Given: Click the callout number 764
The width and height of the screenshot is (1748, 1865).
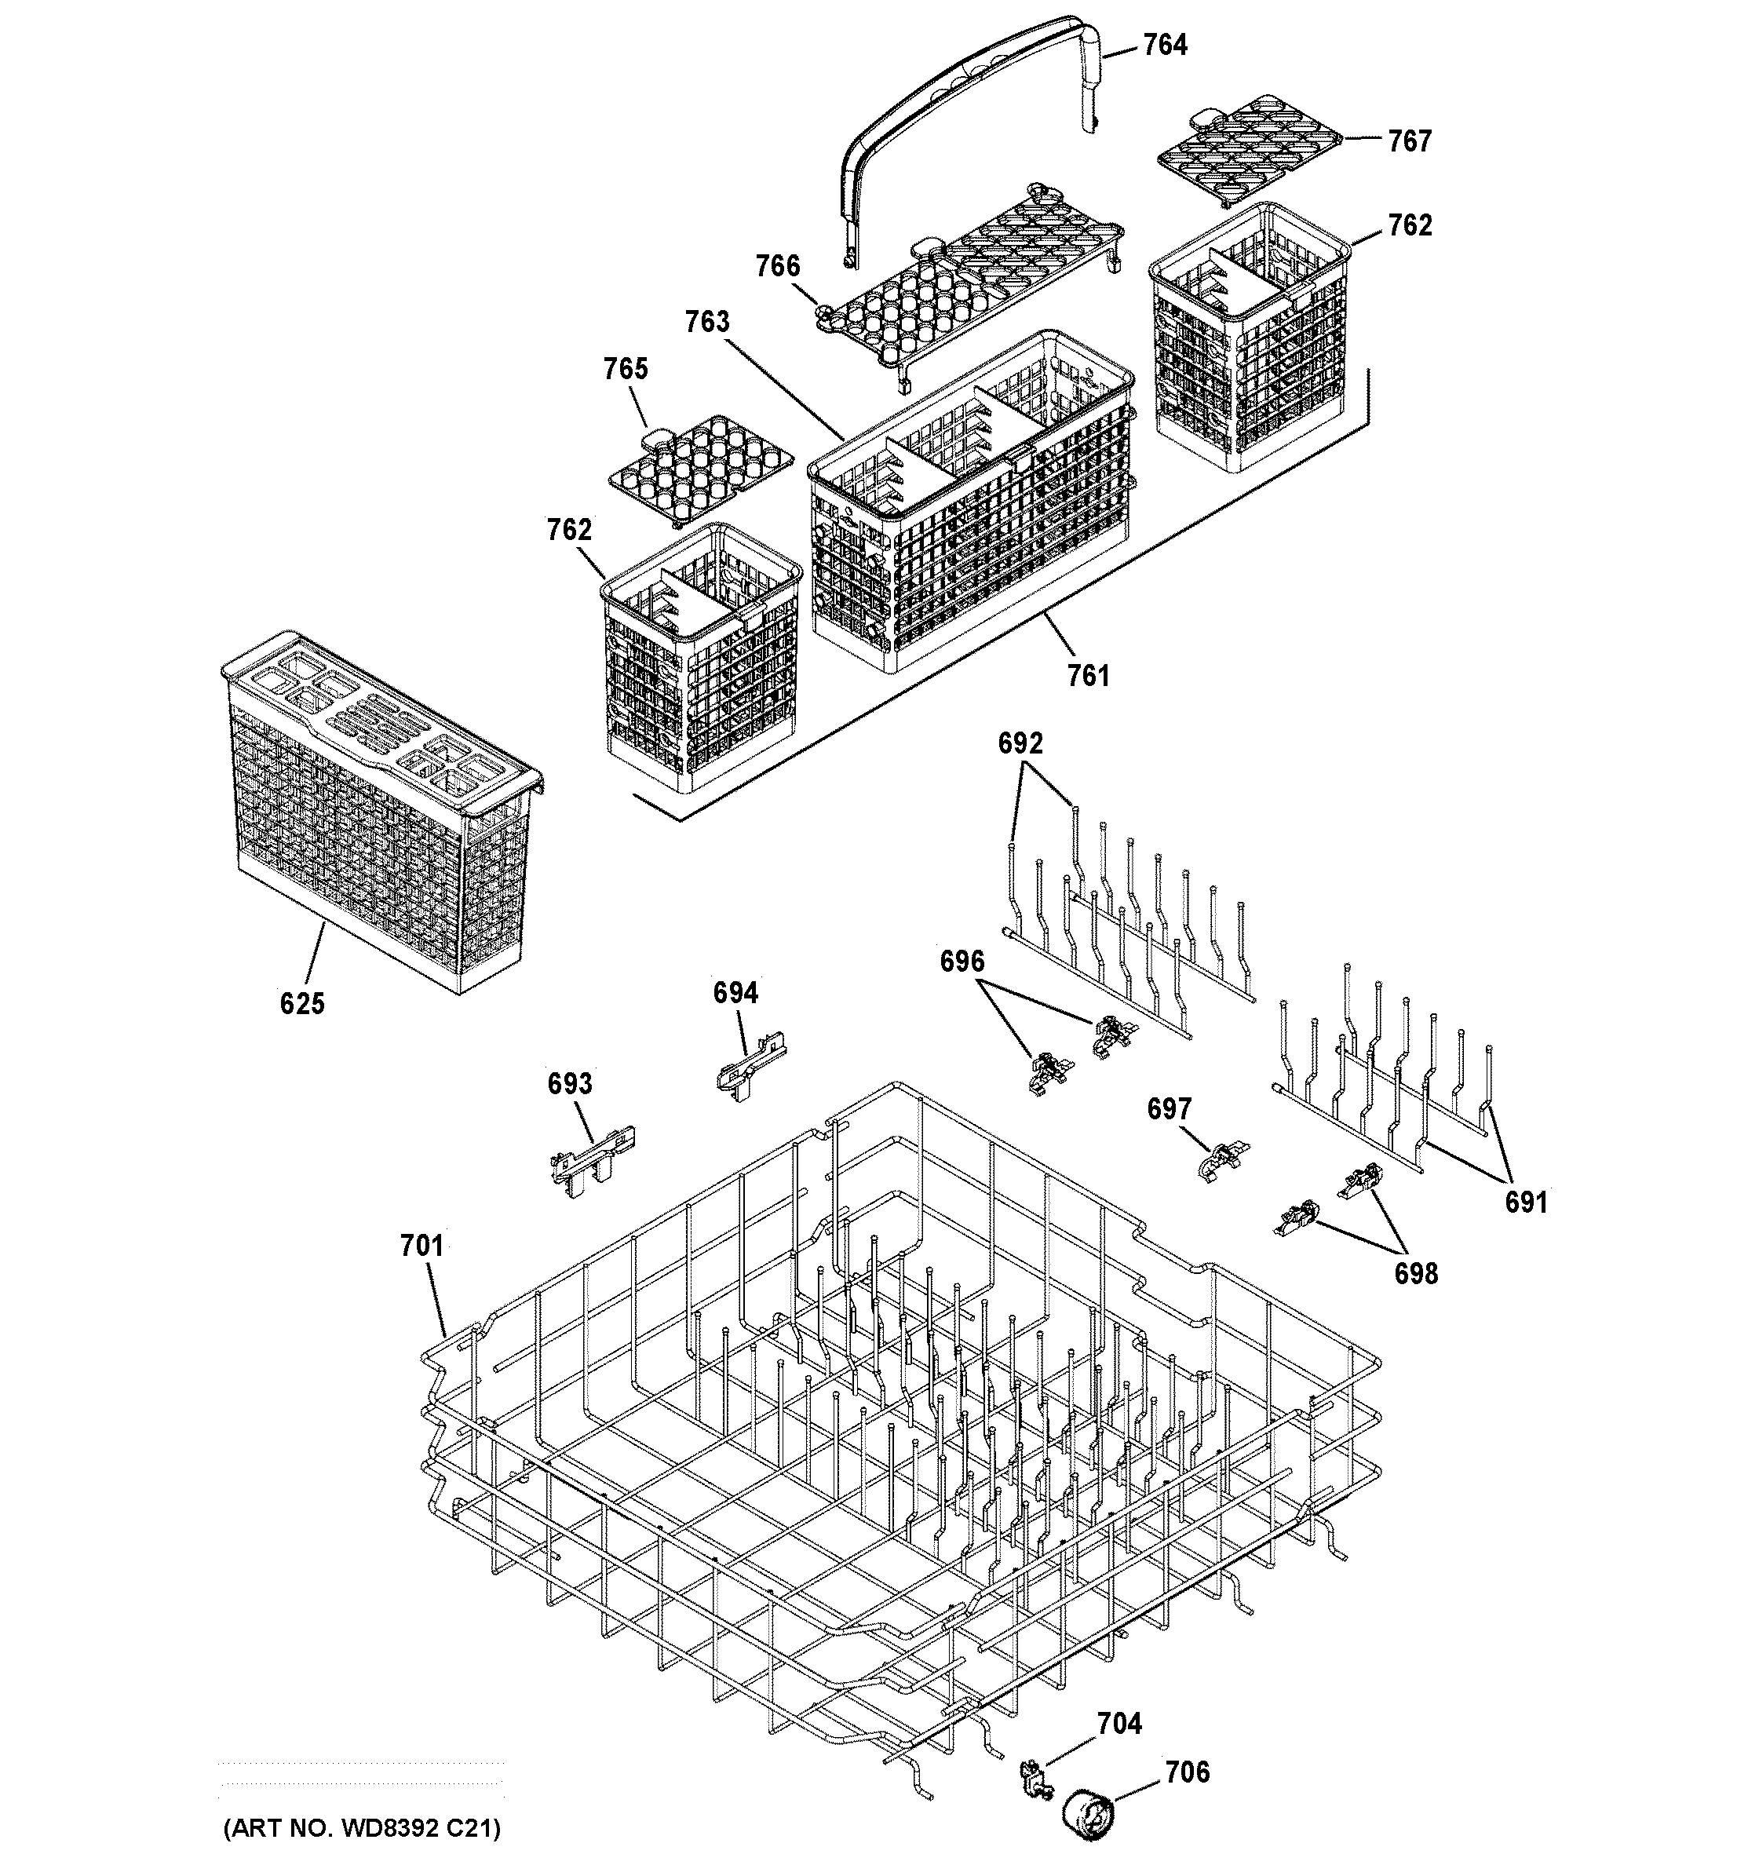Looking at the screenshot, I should point(1164,45).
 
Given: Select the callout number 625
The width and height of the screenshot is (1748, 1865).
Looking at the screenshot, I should point(302,1004).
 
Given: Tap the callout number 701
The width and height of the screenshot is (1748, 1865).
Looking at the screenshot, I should point(421,1246).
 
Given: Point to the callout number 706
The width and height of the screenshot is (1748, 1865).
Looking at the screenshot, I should point(1187,1773).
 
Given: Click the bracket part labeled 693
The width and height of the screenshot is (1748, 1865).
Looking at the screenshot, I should point(590,1162).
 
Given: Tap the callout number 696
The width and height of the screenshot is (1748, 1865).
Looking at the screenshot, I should point(962,962).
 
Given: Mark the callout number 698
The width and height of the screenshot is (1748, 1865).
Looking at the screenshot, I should point(1415,1273).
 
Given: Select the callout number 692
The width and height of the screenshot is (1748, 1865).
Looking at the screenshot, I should point(1020,744).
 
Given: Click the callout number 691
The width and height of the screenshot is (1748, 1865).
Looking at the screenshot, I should point(1526,1202).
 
